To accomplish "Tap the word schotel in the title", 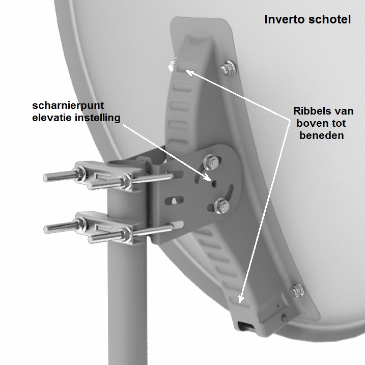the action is point(329,19).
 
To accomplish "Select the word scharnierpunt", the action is point(68,106).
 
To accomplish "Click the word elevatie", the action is point(52,118).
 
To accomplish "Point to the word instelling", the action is point(97,118).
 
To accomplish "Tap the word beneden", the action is point(321,135).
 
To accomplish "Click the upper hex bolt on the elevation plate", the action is point(211,162).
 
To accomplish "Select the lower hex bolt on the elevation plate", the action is point(222,206).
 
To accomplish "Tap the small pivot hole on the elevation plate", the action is point(214,184).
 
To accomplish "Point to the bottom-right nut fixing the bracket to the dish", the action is point(297,290).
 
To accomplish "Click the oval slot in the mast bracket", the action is point(174,200).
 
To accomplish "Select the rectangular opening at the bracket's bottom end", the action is point(245,325).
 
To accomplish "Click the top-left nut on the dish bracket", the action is point(172,65).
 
